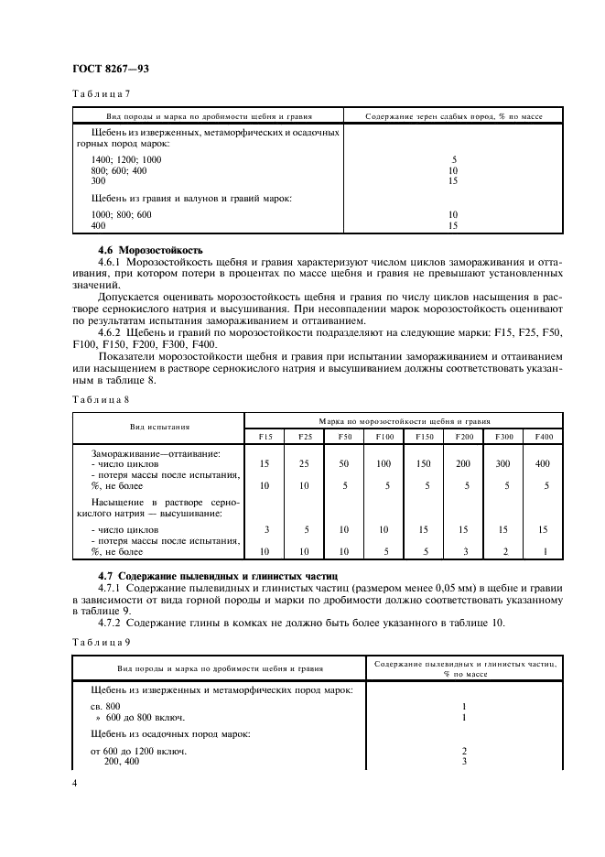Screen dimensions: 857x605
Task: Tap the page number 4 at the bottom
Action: click(x=74, y=784)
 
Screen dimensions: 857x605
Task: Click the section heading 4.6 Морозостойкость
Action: click(x=150, y=250)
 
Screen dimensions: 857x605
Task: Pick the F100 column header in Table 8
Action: click(x=384, y=437)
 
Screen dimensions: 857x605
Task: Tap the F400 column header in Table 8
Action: click(x=545, y=437)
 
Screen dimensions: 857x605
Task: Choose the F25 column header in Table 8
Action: click(x=305, y=437)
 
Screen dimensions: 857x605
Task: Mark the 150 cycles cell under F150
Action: click(x=423, y=464)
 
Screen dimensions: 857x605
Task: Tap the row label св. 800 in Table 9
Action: click(x=106, y=707)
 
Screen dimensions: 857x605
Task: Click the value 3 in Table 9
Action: click(x=465, y=761)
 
